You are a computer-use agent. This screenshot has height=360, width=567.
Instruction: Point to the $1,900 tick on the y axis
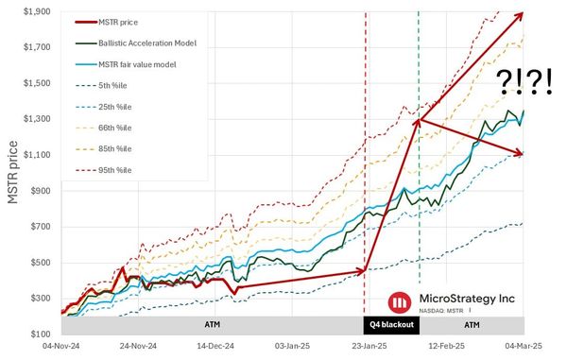39,10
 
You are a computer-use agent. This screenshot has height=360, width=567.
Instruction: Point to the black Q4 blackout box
391,324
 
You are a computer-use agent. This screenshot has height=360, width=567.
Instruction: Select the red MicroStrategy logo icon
401,300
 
